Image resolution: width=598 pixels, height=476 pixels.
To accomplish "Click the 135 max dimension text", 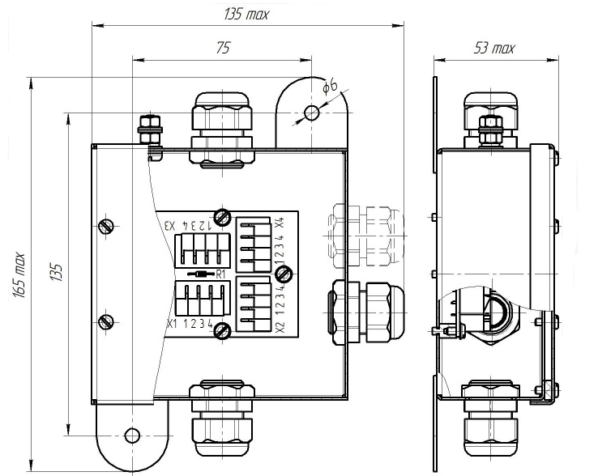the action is tap(246, 15).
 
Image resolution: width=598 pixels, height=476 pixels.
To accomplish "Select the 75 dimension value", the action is tap(223, 48).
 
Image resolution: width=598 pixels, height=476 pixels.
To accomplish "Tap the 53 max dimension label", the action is tap(494, 49).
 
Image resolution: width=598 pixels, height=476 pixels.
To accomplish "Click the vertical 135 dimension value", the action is tap(56, 272).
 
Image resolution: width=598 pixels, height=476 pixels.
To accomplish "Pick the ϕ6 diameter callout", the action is tap(330, 86).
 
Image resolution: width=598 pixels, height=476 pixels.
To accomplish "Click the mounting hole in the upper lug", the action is tap(312, 113).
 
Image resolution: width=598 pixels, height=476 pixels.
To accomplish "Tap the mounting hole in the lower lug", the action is tap(132, 436).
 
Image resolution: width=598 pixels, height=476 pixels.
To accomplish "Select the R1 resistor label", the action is tap(221, 274).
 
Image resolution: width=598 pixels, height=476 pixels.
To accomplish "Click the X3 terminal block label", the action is tap(169, 226).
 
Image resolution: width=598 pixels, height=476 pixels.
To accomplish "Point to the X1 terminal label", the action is tap(173, 325).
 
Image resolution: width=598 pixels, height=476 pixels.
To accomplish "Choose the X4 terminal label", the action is tap(280, 223).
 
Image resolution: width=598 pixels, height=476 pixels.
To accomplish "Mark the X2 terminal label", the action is tap(280, 327).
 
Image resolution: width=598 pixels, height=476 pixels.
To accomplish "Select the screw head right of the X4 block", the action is tap(284, 274).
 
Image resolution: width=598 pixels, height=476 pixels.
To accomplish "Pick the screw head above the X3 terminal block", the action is tap(222, 217).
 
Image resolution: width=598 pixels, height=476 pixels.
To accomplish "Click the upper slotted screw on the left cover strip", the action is tap(106, 227).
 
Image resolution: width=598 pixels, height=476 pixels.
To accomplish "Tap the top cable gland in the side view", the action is tap(490, 119).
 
